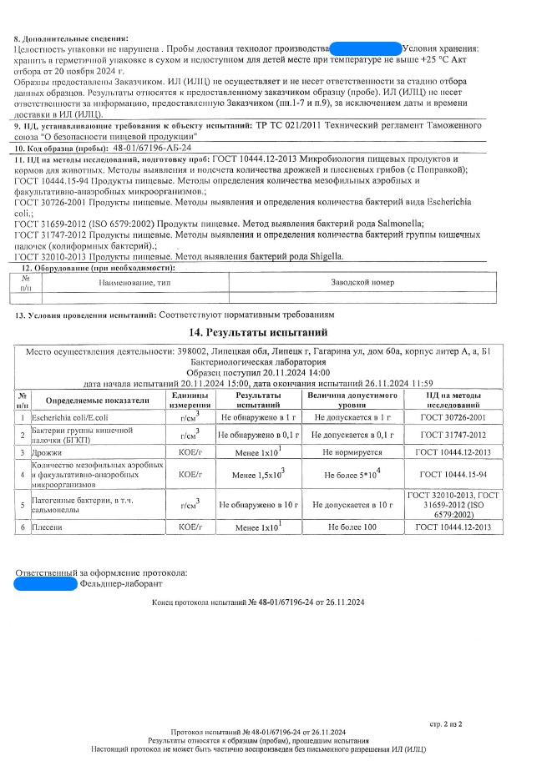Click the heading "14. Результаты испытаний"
[x=276, y=333]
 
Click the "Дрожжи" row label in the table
[x=43, y=451]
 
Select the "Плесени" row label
[x=44, y=527]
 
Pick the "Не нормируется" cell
[x=353, y=451]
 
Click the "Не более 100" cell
[x=353, y=527]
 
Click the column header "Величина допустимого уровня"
[x=353, y=399]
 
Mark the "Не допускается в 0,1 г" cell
[x=353, y=434]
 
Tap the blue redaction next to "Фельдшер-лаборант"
[x=45, y=584]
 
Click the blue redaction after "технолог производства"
[x=365, y=50]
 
